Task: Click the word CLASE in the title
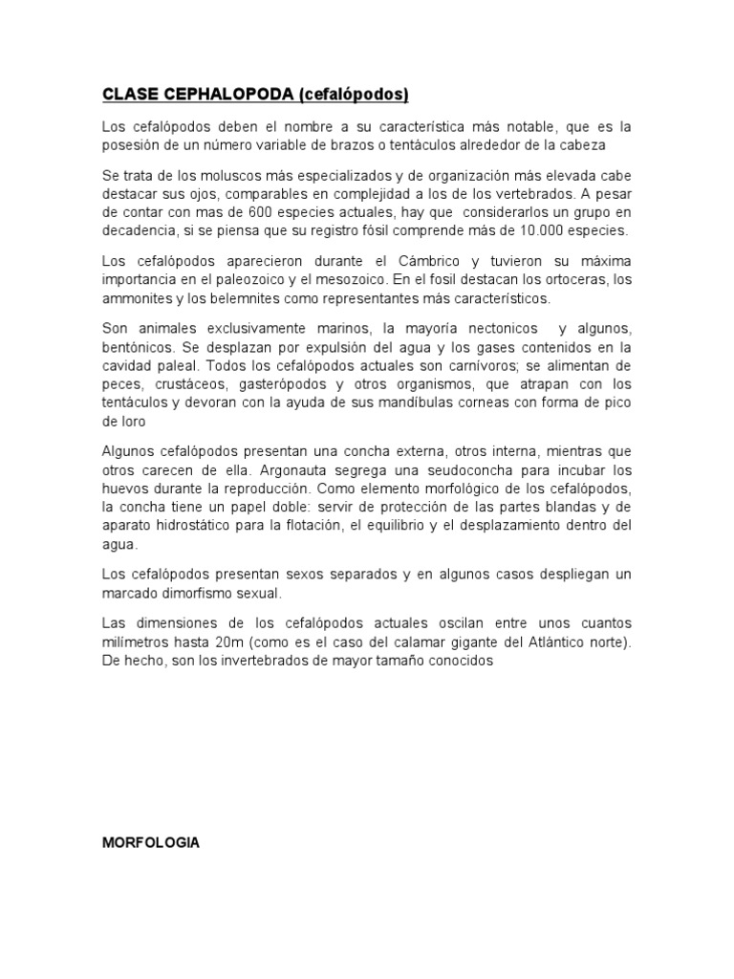[128, 94]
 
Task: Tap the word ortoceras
[572, 279]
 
